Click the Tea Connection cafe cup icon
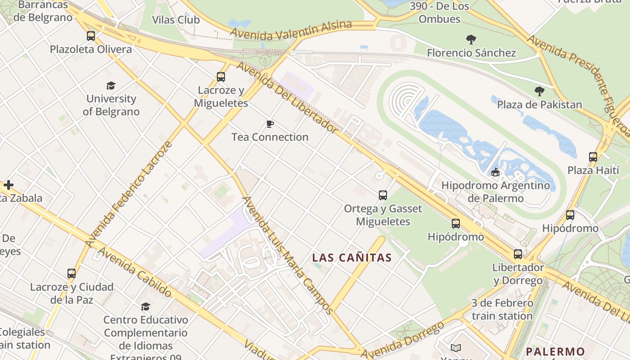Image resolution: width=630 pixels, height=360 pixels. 270,124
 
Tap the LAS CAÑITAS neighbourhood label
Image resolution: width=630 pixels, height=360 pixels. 352,258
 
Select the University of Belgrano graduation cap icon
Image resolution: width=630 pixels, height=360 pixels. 111,85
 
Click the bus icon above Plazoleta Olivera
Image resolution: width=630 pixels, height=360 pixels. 91,36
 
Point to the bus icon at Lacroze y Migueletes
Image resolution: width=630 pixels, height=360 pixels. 220,77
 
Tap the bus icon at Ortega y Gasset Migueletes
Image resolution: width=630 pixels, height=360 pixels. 383,195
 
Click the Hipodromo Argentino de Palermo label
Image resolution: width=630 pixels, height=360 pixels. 495,191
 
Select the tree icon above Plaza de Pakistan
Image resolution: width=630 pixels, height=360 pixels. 539,92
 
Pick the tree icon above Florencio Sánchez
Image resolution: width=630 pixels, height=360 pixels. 471,40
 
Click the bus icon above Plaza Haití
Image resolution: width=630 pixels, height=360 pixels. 593,157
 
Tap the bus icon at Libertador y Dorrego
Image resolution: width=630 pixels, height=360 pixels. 518,254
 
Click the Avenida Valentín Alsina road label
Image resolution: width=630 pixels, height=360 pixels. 291,29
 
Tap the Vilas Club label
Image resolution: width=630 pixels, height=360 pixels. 176,20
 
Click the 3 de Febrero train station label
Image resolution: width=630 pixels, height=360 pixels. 502,310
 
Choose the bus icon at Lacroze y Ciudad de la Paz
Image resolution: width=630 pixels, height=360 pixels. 72,273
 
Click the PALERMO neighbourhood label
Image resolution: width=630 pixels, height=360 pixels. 555,351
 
